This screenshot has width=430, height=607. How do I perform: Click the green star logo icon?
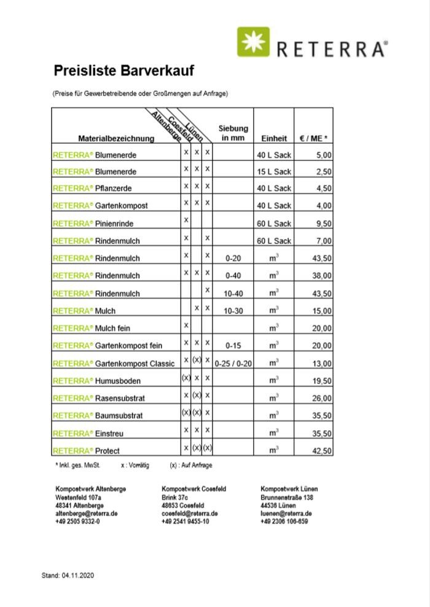(253, 42)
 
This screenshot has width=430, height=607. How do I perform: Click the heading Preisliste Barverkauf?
(124, 71)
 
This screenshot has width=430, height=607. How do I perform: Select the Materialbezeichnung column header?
(116, 138)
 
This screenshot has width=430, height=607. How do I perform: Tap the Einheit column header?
(274, 138)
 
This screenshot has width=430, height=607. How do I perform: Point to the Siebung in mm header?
(233, 133)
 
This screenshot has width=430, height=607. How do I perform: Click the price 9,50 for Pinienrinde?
(323, 224)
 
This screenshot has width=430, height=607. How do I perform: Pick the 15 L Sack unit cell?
(274, 171)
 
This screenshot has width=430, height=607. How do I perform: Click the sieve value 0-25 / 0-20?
(233, 364)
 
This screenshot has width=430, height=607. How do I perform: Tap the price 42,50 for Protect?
(322, 451)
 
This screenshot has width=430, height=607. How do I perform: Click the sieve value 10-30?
(233, 311)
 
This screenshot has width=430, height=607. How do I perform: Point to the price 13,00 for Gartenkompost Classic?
(322, 364)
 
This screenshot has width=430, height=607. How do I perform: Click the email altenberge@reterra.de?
(87, 514)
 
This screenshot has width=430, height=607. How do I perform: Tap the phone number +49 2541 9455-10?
(186, 522)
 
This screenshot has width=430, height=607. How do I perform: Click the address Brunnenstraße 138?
(287, 498)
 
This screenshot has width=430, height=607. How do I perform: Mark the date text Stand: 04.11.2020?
(68, 576)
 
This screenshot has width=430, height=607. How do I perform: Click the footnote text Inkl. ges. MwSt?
(79, 466)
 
